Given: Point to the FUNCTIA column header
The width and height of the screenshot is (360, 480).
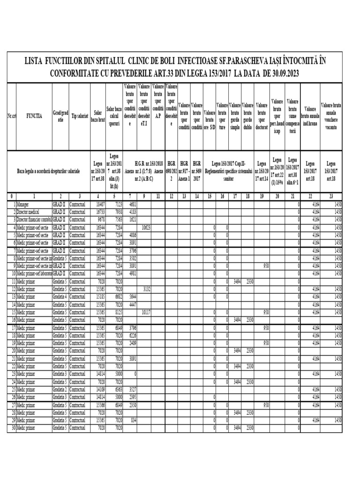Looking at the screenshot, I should coord(34,117).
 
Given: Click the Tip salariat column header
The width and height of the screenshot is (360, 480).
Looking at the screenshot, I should coord(79,117).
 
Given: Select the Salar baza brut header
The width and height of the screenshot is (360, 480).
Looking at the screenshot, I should coord(97,117).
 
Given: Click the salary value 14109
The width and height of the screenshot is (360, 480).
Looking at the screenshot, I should coord(98,389).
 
